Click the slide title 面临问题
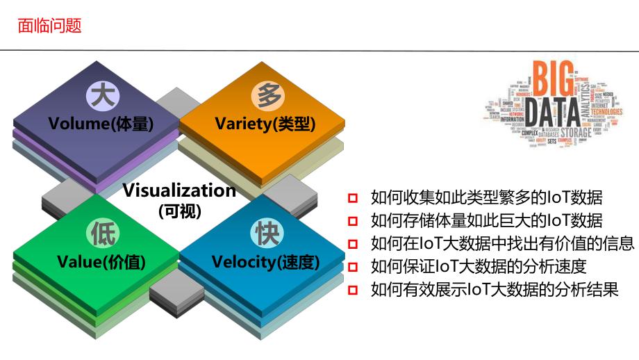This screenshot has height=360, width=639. click(49, 26)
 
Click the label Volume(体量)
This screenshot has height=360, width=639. click(101, 124)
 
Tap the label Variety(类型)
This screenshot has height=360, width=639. click(265, 124)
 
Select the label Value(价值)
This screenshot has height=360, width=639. click(101, 262)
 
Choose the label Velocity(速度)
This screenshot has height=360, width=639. click(265, 262)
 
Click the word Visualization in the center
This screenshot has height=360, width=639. click(179, 190)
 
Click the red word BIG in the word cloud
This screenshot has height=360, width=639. click(553, 79)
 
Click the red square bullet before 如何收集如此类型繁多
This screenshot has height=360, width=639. click(354, 197)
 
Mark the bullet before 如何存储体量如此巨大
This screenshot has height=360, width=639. click(354, 221)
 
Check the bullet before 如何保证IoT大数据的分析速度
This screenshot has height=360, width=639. click(354, 266)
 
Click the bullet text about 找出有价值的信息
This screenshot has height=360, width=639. click(502, 243)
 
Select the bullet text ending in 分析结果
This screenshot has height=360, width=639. click(495, 289)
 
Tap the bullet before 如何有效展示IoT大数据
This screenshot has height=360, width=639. click(354, 289)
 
